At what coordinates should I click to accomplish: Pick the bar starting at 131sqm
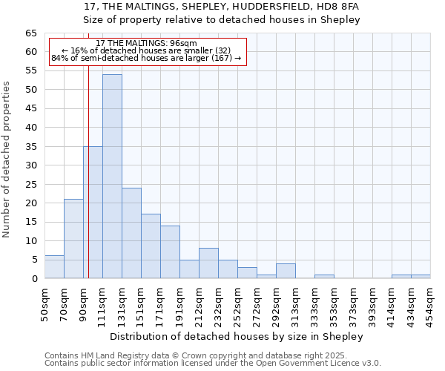[x=131, y=233]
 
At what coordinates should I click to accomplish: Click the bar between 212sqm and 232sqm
[x=208, y=263]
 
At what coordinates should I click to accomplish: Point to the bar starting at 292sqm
[x=286, y=271]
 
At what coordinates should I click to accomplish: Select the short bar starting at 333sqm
[x=324, y=277]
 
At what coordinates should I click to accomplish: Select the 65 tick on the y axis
[x=31, y=33]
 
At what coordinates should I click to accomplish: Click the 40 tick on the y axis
[x=31, y=128]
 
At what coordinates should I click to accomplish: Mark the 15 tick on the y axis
[x=31, y=222]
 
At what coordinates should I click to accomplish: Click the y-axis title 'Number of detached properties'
[x=7, y=159]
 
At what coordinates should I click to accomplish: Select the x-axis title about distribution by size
[x=237, y=337]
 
